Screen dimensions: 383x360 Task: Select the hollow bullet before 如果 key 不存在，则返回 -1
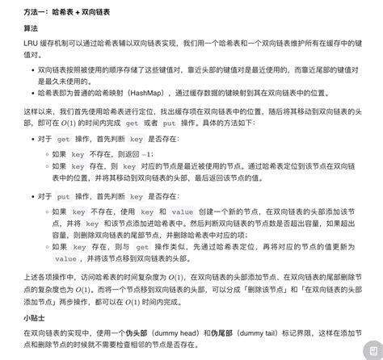[45, 154]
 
